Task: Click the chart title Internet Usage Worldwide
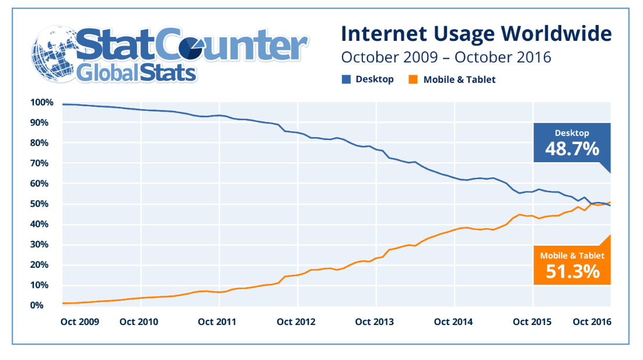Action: pos(476,33)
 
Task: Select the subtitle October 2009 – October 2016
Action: pos(446,58)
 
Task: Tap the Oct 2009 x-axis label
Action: pos(80,321)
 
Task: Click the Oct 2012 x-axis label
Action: pos(296,321)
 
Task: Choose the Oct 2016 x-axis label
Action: pos(592,321)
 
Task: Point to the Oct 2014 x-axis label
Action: pos(453,321)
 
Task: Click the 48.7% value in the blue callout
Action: pos(572,149)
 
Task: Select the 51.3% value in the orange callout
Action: pos(572,271)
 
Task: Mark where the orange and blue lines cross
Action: pos(604,204)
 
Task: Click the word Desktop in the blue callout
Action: pos(572,133)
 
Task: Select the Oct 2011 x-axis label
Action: pos(216,321)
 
